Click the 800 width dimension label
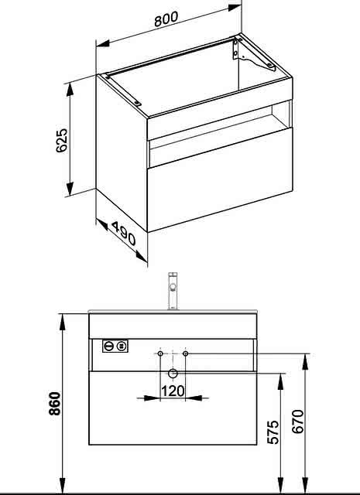(x=166, y=19)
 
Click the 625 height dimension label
(x=62, y=140)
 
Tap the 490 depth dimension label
(x=124, y=234)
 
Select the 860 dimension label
(x=54, y=404)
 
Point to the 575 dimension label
(x=273, y=432)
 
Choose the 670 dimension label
(x=298, y=422)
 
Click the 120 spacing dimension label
(x=173, y=391)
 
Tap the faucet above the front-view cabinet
(x=173, y=291)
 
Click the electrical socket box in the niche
(x=115, y=346)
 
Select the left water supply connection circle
(x=160, y=353)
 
